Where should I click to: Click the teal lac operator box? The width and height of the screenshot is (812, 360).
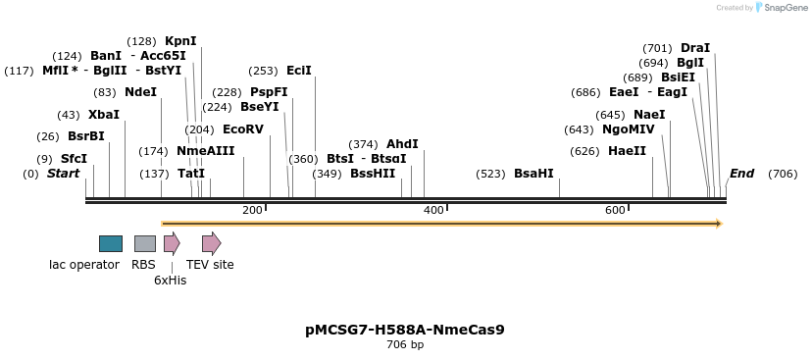pos(111,243)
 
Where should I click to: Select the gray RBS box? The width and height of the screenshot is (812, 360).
pos(145,243)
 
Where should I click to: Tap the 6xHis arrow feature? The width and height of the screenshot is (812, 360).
pos(172,243)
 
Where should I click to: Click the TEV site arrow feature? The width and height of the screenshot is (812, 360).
pos(211,243)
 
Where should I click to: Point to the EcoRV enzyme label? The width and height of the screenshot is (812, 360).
pos(243,129)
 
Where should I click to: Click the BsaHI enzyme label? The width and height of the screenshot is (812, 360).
pos(533,174)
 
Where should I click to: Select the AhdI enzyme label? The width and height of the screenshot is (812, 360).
pos(402,144)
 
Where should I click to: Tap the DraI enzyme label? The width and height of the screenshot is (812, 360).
pos(695,48)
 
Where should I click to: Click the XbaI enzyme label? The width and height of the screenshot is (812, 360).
pos(104,115)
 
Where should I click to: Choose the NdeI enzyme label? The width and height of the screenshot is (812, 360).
pos(140,92)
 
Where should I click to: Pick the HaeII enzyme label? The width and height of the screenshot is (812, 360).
pos(627,151)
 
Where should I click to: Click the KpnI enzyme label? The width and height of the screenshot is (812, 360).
pos(180,41)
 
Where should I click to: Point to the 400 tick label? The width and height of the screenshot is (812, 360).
pos(432,211)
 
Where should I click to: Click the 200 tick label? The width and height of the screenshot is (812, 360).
pos(252,211)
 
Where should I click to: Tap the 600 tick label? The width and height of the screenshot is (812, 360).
pos(615,211)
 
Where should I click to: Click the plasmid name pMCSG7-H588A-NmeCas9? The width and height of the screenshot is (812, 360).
pos(405,330)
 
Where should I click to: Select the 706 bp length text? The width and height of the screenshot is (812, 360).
pos(405,345)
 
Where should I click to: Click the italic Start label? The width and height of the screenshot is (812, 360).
pos(63,174)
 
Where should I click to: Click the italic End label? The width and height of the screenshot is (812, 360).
pos(741,174)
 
